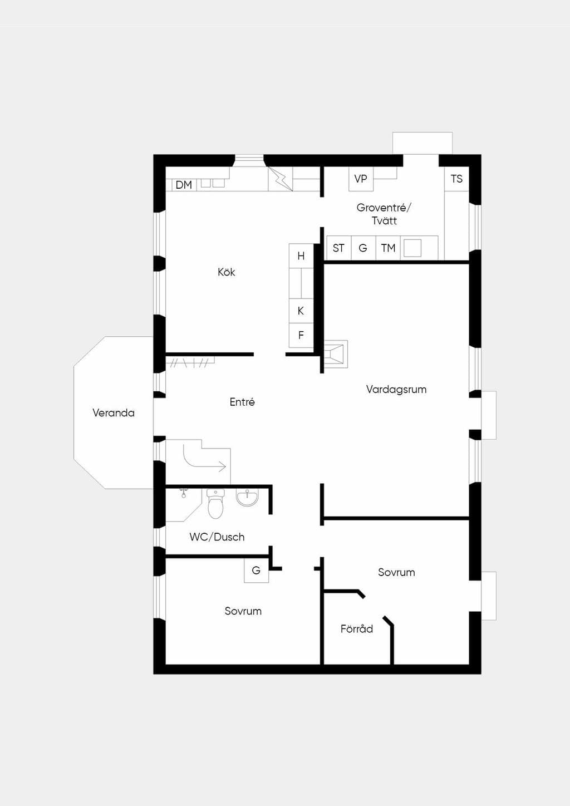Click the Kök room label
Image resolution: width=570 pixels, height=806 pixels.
pos(227,272)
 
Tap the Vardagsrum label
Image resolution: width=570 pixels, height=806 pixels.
pos(396,389)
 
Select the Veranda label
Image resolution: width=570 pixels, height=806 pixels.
pos(114,412)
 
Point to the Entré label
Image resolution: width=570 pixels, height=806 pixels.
pos(242,402)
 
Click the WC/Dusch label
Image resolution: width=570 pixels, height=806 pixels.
pos(217,537)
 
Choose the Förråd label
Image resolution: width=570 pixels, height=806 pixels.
pos(357,628)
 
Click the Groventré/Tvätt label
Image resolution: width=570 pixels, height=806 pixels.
pos(384,214)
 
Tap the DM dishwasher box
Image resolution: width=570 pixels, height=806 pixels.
pos(184,185)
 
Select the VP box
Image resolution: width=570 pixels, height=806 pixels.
pos(361,179)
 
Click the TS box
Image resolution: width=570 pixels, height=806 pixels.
pos(456,179)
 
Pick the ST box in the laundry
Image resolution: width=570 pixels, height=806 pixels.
pos(338,248)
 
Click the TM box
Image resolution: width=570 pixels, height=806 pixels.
pos(388,248)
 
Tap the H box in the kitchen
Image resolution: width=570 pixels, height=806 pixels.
pos(301,256)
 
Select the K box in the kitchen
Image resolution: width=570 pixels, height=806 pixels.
pos(301,311)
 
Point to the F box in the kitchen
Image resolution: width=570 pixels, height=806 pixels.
pos(301,335)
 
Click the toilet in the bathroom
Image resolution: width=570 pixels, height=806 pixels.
pos(215,504)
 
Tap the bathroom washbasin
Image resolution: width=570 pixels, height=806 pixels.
pos(247,497)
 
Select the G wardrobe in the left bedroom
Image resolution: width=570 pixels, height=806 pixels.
pos(256,571)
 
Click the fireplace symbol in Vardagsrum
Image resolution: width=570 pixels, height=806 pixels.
pos(336,354)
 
